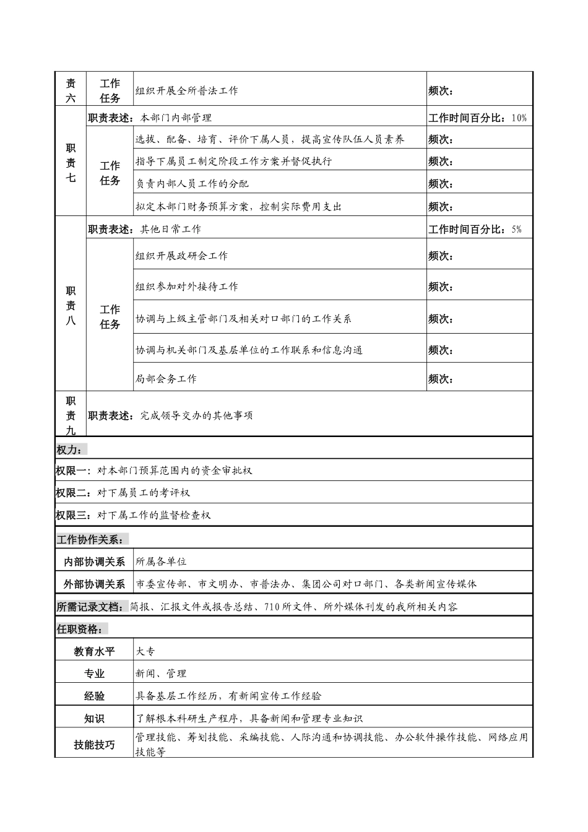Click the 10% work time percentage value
[519, 118]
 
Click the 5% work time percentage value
[517, 229]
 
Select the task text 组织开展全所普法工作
[187, 90]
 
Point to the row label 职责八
[71, 306]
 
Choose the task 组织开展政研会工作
[182, 256]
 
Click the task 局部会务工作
[166, 379]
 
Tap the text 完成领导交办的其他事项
[197, 415]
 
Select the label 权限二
[73, 493]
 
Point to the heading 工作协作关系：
[92, 539]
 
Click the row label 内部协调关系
[95, 561]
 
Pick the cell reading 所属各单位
[161, 561]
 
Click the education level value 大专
[145, 651]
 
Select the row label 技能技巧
[95, 745]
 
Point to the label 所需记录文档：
[92, 607]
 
